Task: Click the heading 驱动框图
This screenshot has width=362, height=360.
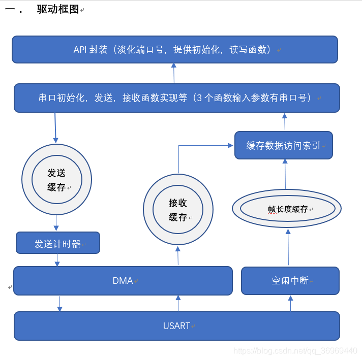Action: pos(58,9)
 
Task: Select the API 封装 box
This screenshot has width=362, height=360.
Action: pos(174,49)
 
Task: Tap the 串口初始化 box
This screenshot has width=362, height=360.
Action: pos(176,98)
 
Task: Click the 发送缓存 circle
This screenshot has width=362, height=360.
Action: pos(56,180)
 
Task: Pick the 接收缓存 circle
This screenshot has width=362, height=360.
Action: pos(178,210)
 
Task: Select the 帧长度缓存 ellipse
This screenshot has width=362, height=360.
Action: pos(287,208)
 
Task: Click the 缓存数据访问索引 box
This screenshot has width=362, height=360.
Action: pos(283,145)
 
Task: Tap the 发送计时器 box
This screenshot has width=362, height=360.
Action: pos(57,243)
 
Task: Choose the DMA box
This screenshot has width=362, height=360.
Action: pos(123,280)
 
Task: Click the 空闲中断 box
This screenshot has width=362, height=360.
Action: pos(290,280)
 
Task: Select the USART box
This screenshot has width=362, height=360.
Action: pos(176,325)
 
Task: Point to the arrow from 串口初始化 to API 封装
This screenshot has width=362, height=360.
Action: pos(174,73)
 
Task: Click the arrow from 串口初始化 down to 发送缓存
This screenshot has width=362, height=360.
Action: pos(55,127)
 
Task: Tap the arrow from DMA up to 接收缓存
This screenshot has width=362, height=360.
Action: pos(178,256)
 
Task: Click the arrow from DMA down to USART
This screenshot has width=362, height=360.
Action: pos(60,303)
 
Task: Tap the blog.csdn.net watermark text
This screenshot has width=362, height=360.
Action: pos(295,351)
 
